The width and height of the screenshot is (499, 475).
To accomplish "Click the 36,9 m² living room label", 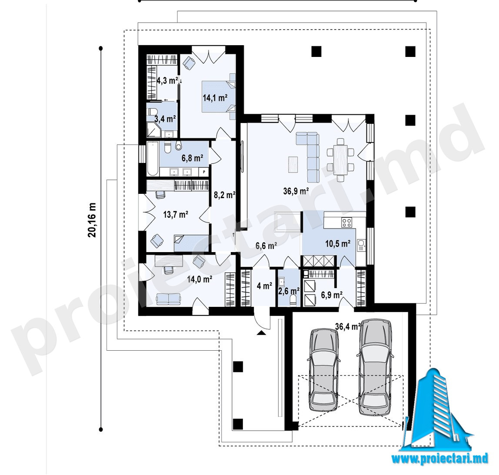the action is click(x=296, y=191).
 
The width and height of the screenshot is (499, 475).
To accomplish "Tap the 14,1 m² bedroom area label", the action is click(x=215, y=98).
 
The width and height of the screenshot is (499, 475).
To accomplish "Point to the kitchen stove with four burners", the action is click(x=347, y=222).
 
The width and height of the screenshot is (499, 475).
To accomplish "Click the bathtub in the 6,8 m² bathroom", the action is click(x=153, y=159).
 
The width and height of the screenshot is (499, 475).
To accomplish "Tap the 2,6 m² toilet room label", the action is click(x=289, y=290).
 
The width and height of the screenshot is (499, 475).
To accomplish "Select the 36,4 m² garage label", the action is click(x=348, y=326).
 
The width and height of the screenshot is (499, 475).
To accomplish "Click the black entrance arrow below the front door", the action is click(x=261, y=333).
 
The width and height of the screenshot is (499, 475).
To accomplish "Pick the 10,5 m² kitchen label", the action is click(x=338, y=244).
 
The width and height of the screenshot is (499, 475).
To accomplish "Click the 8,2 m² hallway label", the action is click(x=224, y=195).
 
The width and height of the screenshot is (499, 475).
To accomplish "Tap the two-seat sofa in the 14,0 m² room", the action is click(x=169, y=299).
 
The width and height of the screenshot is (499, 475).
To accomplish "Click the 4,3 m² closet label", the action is click(x=167, y=80).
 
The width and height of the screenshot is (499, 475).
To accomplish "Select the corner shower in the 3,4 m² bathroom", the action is click(x=153, y=130).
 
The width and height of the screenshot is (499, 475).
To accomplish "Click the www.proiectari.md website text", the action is click(x=440, y=458).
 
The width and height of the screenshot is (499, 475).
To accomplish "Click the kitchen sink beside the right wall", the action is click(x=361, y=245).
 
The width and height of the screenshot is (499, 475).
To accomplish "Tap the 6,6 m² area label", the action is click(x=266, y=246).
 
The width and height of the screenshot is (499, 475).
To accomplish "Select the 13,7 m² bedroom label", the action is click(x=176, y=214).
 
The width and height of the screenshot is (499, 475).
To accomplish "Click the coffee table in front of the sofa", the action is click(x=293, y=164).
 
